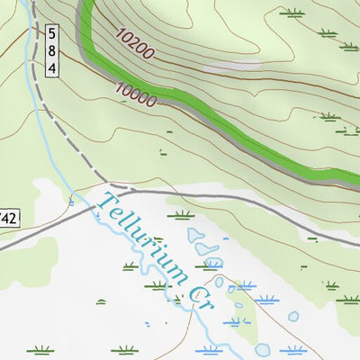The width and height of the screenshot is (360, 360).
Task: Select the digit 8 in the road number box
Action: (x=52, y=50)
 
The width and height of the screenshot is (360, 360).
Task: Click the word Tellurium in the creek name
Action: (x=144, y=238)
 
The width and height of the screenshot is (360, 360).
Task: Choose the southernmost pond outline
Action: (x=263, y=349)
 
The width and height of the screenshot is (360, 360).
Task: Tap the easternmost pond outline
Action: (x=293, y=317)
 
